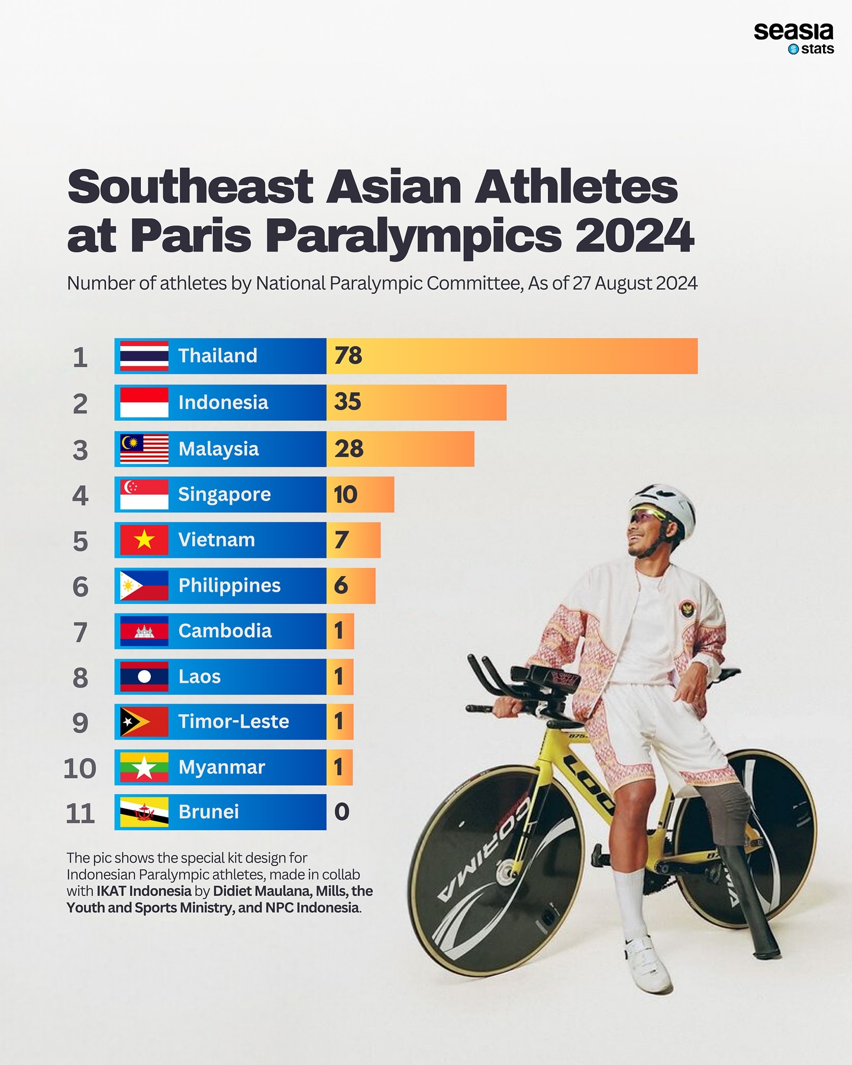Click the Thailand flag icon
[144, 356]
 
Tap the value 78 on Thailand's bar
[348, 356]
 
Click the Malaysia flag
[144, 449]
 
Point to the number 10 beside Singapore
[346, 495]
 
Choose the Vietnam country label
[217, 540]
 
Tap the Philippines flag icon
[144, 586]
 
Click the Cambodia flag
[144, 631]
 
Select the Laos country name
[199, 677]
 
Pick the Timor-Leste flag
[144, 722]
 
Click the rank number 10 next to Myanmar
[80, 769]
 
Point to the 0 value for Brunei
[341, 812]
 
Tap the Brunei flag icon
[144, 812]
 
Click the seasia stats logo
[793, 38]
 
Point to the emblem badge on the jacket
[688, 608]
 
